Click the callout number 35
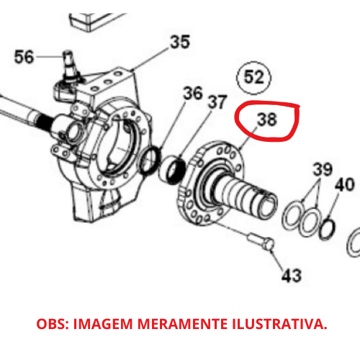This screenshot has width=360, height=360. tap(180, 42)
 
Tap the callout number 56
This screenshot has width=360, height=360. tap(24, 57)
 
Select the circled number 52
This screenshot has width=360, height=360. tap(253, 77)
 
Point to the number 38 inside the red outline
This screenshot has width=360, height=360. tap(267, 120)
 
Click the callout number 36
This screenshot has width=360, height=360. tap(193, 94)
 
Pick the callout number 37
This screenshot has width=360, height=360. tap(217, 102)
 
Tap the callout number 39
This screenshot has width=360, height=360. tap(323, 169)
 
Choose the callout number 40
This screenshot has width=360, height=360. tap(345, 184)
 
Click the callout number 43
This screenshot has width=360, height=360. tap(292, 275)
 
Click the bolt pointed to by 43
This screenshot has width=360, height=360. tap(261, 242)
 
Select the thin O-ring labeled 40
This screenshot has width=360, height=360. tap(327, 229)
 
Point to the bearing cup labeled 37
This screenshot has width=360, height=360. tap(173, 170)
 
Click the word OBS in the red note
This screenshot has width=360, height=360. tap(53, 324)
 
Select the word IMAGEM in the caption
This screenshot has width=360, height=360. tap(103, 324)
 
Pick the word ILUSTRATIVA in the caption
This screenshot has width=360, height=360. tap(279, 324)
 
